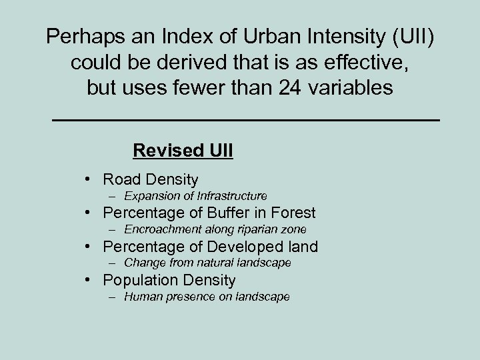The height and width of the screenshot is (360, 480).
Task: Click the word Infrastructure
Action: point(229,196)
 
